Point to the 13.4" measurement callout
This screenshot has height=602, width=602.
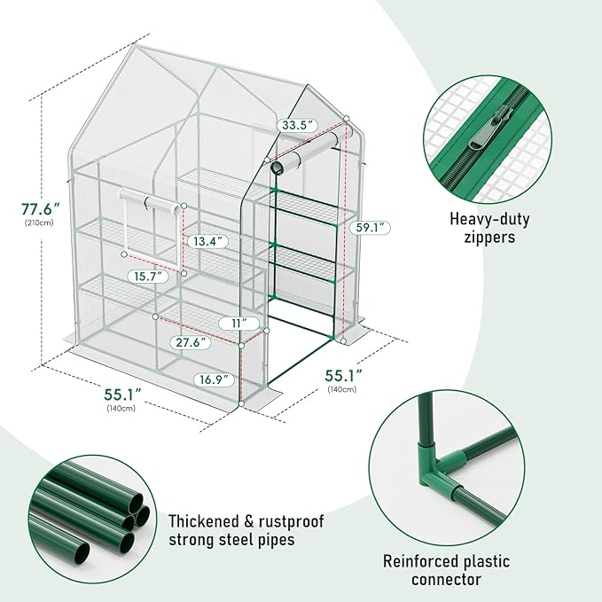pos(206,240)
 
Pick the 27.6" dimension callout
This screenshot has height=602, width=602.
pos(190,341)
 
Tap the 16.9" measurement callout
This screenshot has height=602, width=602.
pos(218,379)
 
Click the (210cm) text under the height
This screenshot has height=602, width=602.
pos(41,223)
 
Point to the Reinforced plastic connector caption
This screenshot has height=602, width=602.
pos(446,570)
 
